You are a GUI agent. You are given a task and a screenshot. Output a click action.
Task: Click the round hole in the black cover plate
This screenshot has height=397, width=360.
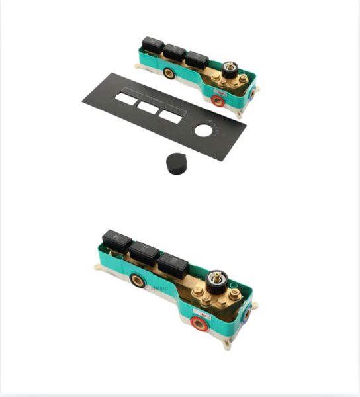204,130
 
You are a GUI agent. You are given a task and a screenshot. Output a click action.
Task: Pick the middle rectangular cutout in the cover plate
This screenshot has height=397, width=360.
148,107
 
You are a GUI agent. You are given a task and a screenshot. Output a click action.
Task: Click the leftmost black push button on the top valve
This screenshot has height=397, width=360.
152,44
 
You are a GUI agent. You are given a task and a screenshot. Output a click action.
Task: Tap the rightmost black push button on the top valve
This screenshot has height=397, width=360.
197,60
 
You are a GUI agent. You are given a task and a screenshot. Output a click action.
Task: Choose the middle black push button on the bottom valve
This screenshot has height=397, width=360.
144,253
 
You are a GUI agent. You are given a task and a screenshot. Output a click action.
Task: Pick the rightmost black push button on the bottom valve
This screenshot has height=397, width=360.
173,266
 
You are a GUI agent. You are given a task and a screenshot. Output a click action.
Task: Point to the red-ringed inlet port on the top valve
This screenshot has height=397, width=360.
217,101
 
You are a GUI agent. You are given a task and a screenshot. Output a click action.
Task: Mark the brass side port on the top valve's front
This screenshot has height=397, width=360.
169,73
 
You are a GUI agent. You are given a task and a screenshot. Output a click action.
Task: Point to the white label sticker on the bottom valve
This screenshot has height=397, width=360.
202,309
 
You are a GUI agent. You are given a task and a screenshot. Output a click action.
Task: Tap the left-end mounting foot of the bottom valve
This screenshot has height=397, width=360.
99,268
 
